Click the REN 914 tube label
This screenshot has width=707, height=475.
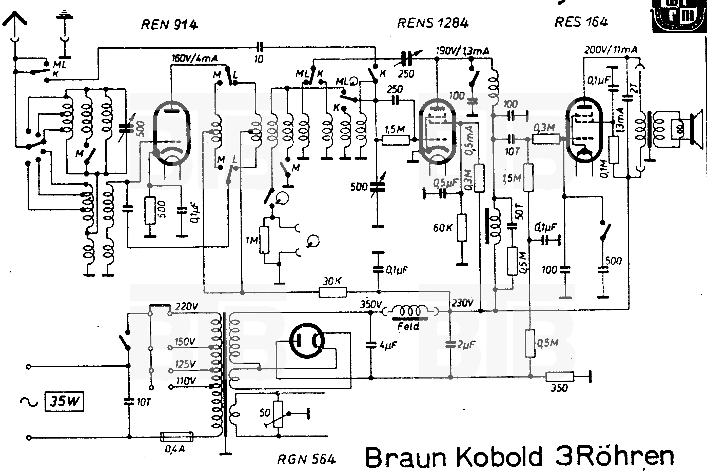(x=169, y=25)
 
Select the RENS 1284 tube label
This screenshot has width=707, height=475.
(x=433, y=23)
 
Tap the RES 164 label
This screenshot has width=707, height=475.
(x=581, y=22)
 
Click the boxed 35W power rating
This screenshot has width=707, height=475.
(x=64, y=401)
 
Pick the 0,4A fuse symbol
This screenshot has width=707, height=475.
(x=176, y=437)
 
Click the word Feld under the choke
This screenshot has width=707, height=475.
(x=408, y=327)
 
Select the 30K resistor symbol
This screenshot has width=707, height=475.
(x=332, y=292)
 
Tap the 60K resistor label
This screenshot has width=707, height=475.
(x=443, y=228)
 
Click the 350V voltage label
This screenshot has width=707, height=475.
(x=371, y=304)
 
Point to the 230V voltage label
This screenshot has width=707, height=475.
(x=462, y=303)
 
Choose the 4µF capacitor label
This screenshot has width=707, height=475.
(x=388, y=345)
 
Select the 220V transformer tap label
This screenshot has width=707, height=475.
(x=187, y=307)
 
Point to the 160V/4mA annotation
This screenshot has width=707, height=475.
(x=194, y=58)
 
